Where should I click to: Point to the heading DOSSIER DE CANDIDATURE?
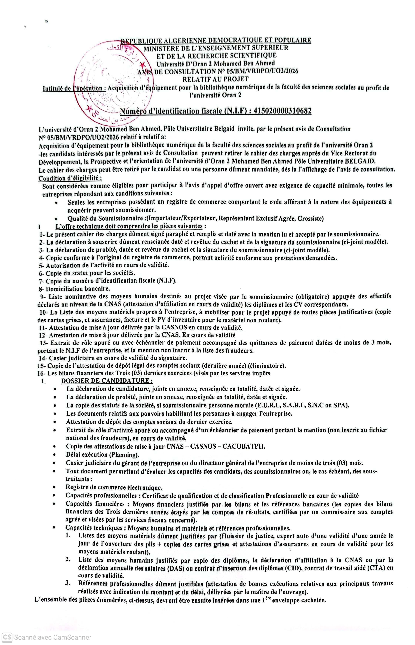coord(107,381)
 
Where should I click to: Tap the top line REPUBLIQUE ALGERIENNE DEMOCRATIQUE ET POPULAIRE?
coord(216,40)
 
